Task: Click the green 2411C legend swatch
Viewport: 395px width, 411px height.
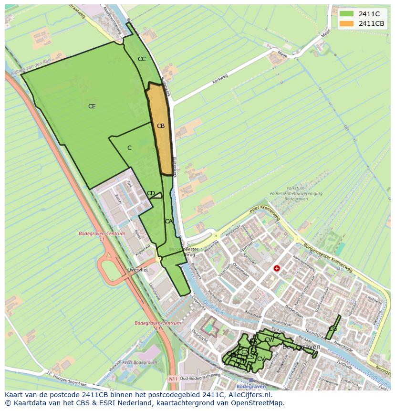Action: (346, 14)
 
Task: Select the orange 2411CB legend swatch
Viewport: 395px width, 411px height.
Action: (346, 23)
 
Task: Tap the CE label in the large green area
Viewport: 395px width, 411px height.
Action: (92, 106)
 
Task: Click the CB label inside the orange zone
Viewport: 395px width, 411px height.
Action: (161, 126)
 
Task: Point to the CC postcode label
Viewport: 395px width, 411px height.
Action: (142, 59)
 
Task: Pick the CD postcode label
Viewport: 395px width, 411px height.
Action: (151, 193)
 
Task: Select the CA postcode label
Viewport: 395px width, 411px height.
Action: (168, 221)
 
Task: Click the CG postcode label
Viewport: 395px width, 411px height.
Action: (333, 329)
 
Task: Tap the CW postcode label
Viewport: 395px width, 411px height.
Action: (270, 340)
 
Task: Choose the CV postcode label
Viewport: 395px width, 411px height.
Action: (261, 358)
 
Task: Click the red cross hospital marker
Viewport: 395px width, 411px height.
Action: (276, 269)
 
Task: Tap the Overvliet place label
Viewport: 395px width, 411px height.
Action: (137, 270)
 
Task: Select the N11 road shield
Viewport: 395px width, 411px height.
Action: (173, 379)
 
